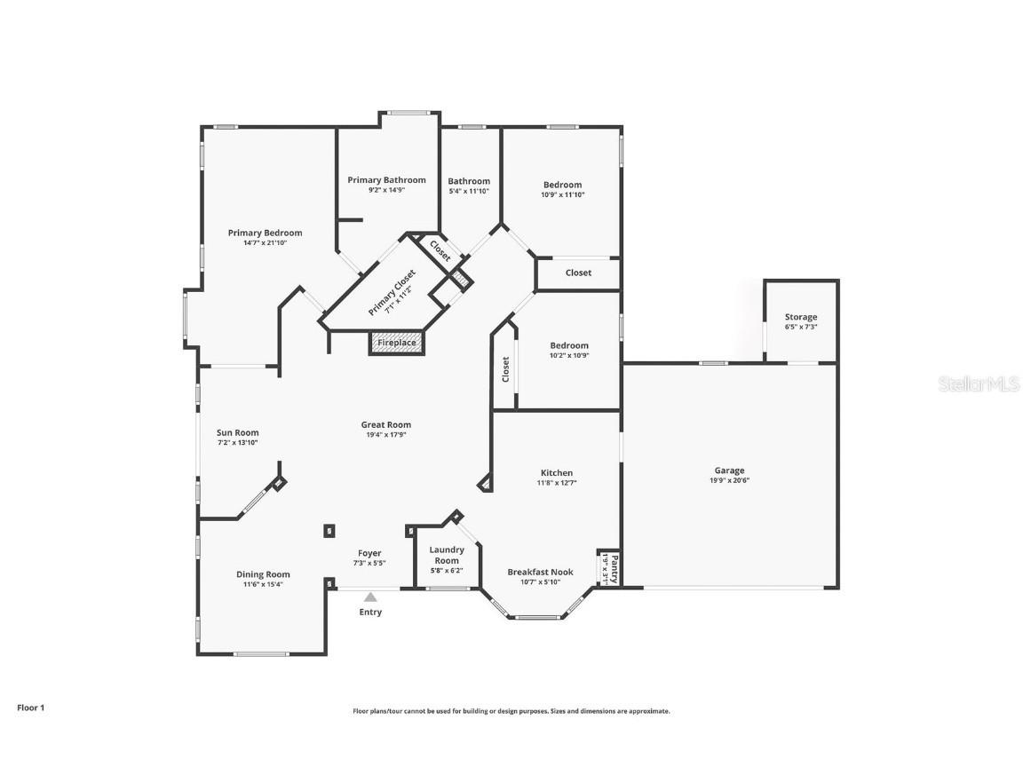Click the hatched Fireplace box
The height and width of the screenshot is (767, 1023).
(397, 343)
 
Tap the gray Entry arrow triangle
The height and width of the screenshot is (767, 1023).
(370, 597)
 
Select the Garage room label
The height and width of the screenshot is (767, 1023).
(729, 470)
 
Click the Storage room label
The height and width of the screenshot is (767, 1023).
(801, 317)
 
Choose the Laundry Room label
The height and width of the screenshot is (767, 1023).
(447, 555)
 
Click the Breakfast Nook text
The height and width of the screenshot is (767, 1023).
(540, 573)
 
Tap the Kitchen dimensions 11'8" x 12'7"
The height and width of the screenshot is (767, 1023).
(557, 483)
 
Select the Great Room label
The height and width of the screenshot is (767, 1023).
(385, 424)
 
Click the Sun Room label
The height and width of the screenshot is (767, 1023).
(237, 432)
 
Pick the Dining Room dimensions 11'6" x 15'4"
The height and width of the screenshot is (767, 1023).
(263, 584)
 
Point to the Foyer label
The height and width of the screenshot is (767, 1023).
(369, 553)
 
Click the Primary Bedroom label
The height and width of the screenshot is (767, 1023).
(265, 233)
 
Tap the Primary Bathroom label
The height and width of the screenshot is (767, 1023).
(386, 180)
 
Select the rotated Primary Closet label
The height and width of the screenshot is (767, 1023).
(392, 293)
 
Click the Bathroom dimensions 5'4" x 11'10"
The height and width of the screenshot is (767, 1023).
(469, 191)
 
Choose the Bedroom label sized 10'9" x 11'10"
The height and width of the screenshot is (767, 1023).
(563, 185)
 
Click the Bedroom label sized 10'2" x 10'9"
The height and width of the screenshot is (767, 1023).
(568, 345)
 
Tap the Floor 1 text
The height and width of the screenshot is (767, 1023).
(30, 708)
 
